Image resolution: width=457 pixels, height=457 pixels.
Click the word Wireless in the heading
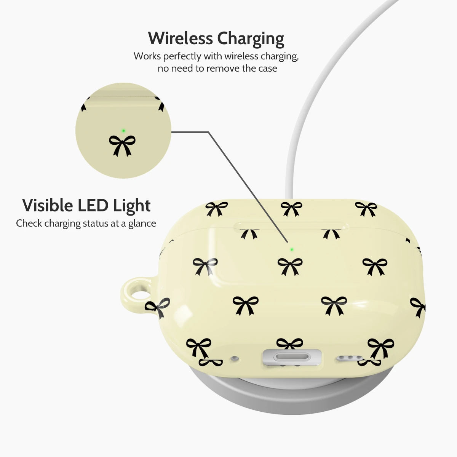pos(180,38)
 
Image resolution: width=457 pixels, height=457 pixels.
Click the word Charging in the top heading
pos(251,39)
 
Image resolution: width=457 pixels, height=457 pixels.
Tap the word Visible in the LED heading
pos(48,205)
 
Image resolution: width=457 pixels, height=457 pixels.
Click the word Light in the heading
pos(132,206)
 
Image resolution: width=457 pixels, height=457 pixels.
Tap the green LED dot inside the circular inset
pos(123,131)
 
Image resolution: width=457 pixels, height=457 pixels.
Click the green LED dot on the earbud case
pos(292,249)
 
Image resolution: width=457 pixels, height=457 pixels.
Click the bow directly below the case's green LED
pos(290,267)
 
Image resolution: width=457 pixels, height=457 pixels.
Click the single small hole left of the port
pos(235,358)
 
